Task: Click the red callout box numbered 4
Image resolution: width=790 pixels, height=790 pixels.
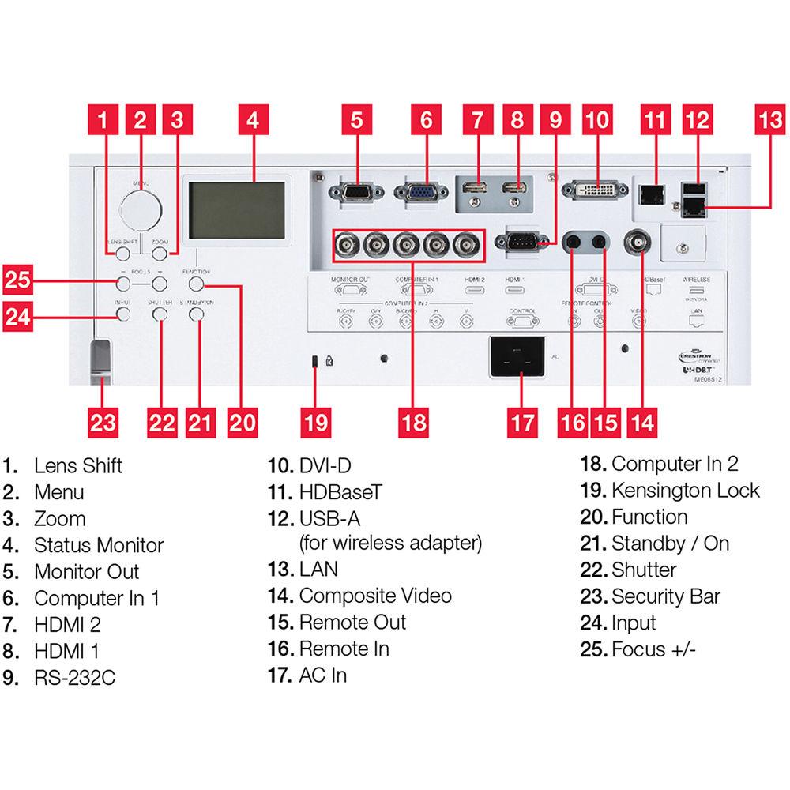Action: click(252, 120)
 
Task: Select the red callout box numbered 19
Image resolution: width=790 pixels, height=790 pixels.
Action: click(315, 422)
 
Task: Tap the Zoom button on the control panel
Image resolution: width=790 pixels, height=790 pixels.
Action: click(160, 254)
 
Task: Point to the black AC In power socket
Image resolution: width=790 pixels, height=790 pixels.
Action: click(517, 358)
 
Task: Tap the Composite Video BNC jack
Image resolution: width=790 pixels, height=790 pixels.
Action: click(638, 243)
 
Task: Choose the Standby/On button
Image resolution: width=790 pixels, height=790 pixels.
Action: click(197, 314)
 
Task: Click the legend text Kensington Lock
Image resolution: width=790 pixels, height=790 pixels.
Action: click(685, 490)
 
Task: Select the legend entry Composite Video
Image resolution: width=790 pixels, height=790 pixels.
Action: click(375, 596)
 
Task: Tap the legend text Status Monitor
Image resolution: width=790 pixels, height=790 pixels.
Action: click(99, 545)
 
